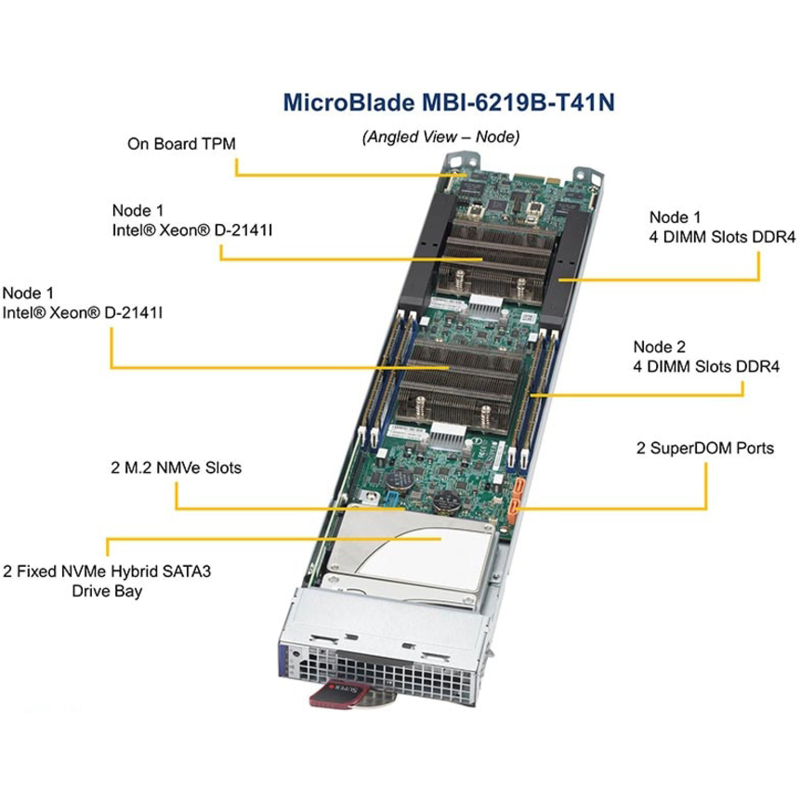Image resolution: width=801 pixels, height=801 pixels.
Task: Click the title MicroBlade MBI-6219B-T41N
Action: pos(449,102)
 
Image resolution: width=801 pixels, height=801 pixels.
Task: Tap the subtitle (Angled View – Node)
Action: pos(440,137)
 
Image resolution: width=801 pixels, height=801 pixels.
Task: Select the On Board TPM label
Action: pos(181,143)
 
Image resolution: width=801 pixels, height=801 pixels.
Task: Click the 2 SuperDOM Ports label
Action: pos(705,448)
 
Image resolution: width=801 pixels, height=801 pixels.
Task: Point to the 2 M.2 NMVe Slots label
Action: pos(177,467)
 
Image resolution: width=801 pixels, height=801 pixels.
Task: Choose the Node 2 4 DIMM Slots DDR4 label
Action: pos(706,357)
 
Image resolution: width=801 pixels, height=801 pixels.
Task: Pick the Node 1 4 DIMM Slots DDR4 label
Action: pos(722,227)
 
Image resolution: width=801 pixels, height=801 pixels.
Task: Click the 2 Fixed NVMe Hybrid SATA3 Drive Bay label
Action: pos(107,581)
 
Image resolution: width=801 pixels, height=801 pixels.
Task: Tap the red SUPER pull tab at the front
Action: pos(339,694)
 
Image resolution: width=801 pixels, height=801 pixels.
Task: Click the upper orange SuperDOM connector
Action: pos(519,486)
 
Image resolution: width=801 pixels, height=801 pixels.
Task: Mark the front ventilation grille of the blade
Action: pos(388,676)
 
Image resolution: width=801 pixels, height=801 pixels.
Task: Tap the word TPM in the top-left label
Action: pos(218,143)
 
